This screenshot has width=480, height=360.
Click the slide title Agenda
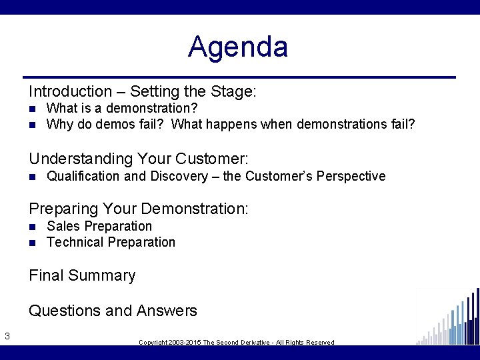[x=238, y=47]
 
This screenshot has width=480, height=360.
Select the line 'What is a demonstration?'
[x=122, y=108]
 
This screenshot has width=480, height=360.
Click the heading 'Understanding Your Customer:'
[x=138, y=159]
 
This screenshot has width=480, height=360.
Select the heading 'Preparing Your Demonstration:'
[x=138, y=209]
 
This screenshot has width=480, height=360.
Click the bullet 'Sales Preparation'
[x=99, y=226]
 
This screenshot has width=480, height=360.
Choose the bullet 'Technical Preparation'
[x=111, y=242]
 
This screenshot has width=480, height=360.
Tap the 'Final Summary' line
[x=82, y=275]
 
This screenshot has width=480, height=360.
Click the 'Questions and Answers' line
[x=113, y=311]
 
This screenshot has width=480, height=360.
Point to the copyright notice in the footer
[x=236, y=342]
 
